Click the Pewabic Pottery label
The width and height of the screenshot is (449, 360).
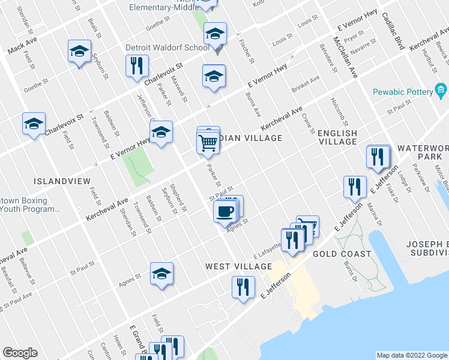pos(402,92)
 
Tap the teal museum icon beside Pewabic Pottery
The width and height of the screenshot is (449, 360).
pos(441,91)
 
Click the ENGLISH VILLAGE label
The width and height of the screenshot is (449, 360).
pos(337,137)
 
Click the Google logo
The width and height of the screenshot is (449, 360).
pos(20,353)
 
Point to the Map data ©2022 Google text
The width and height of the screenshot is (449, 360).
pos(412,355)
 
